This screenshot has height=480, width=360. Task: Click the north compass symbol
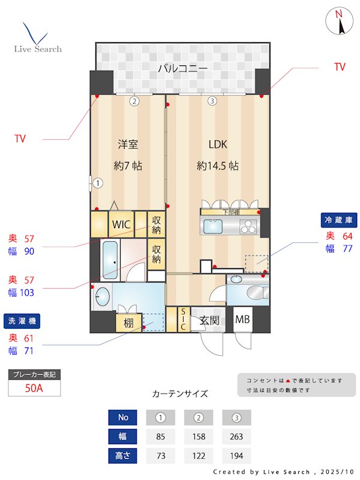click(x=340, y=22)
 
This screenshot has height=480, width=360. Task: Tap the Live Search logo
click(x=37, y=38)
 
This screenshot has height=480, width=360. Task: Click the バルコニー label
click(x=183, y=68)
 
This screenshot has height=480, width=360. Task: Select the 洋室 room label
click(x=128, y=145)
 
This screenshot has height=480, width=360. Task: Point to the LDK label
click(x=217, y=145)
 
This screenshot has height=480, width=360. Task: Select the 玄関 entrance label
click(x=209, y=320)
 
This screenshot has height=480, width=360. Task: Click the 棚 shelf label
click(x=128, y=322)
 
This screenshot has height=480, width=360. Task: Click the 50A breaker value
click(x=34, y=388)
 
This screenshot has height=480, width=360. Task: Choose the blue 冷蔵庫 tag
click(x=340, y=220)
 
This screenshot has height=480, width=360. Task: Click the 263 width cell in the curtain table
click(x=236, y=436)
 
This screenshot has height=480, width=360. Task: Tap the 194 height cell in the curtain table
click(x=236, y=455)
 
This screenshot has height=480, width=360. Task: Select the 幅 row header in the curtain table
click(x=122, y=436)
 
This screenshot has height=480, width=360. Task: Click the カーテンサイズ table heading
click(x=180, y=394)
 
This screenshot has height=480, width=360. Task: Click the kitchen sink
click(x=214, y=227)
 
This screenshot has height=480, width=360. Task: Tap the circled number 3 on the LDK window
click(x=212, y=101)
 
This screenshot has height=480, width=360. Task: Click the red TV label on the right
click(x=340, y=67)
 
